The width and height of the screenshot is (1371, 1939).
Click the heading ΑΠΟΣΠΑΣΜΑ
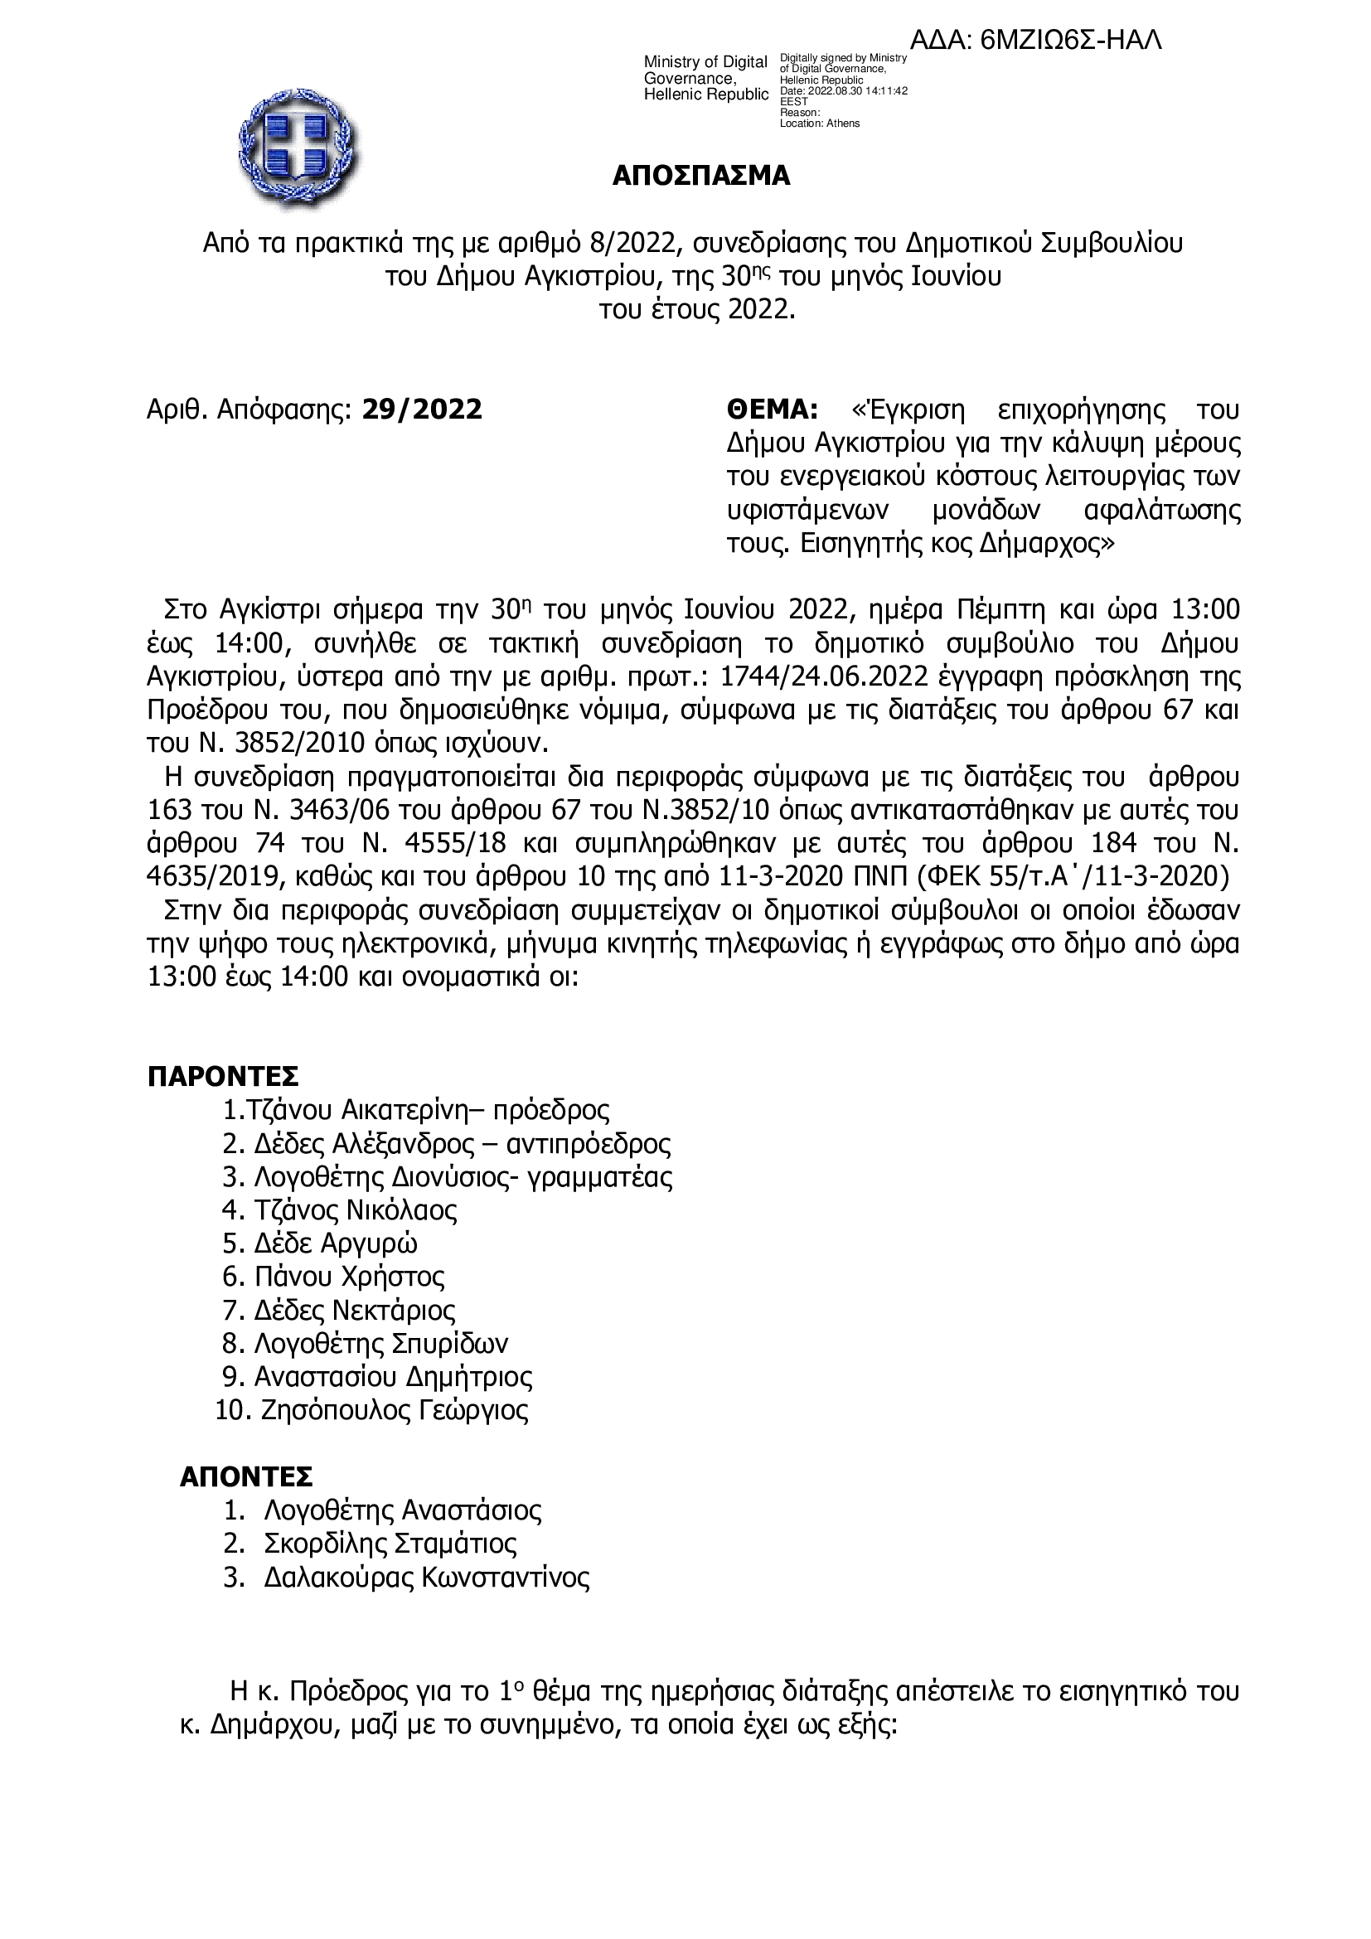pyautogui.click(x=701, y=176)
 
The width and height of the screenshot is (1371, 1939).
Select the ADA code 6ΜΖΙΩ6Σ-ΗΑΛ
pyautogui.click(x=1072, y=40)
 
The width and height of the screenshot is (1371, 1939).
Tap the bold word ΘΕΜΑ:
pyautogui.click(x=773, y=410)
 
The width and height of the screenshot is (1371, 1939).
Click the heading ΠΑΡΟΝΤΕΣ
pyautogui.click(x=224, y=1077)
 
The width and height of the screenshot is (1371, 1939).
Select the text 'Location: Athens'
pyautogui.click(x=820, y=124)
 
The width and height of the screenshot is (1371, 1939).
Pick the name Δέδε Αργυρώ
pyautogui.click(x=336, y=1243)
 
